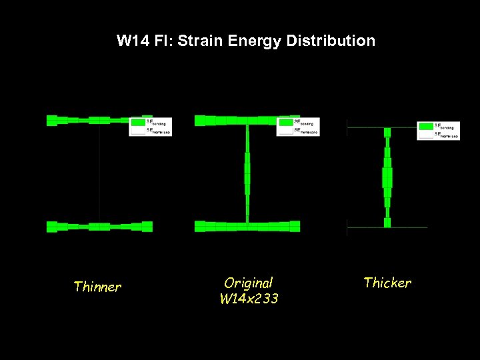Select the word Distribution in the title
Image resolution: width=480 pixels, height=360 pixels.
point(331,41)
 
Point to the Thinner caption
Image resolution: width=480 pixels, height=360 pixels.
point(97,287)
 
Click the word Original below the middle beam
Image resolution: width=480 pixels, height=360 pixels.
point(249,283)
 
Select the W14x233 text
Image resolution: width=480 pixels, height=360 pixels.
point(249,299)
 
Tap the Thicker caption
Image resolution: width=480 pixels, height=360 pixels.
point(387,283)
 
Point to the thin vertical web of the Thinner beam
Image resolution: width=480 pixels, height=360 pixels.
point(99,173)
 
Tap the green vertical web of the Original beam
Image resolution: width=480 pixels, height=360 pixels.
point(247,173)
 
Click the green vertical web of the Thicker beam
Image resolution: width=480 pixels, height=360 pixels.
point(387,177)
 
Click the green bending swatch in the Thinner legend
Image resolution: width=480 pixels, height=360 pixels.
point(137,122)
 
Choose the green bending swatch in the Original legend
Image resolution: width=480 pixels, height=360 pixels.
point(285,122)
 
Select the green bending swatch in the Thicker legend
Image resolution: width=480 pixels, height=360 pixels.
point(425,126)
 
